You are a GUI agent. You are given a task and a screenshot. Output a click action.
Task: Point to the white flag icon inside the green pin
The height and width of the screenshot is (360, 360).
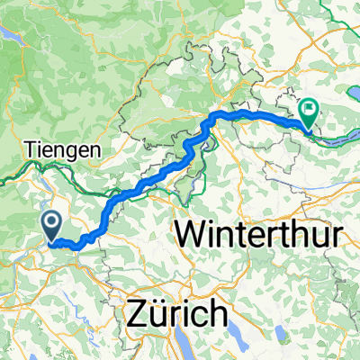310,112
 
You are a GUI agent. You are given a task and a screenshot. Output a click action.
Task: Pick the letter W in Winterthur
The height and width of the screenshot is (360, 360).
191,236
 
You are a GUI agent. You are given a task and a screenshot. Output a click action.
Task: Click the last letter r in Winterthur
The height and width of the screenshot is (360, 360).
337,236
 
